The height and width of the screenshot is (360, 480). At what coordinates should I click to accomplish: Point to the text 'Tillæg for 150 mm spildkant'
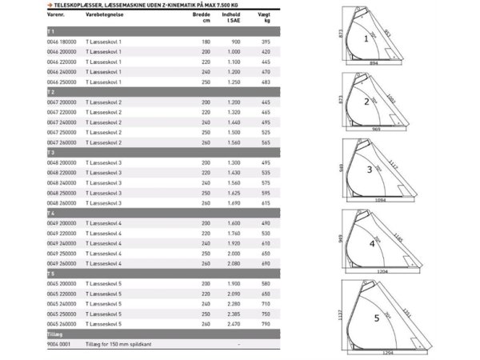coord(118,345)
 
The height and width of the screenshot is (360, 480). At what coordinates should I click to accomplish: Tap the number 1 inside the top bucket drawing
coord(366,38)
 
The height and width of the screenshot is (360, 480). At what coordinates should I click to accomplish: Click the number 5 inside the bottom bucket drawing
coord(376,318)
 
